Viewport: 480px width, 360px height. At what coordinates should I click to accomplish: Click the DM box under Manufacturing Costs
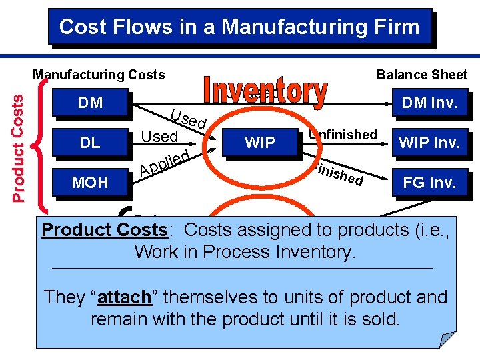point(90,103)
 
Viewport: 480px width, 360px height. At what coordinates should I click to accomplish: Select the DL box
point(90,142)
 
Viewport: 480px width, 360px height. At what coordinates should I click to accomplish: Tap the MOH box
point(90,182)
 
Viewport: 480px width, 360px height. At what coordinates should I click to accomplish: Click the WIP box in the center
point(260,142)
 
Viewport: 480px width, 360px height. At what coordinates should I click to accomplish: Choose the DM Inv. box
point(430,103)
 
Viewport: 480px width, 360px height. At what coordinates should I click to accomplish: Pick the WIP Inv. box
point(430,143)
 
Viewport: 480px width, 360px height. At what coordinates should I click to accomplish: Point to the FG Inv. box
point(430,183)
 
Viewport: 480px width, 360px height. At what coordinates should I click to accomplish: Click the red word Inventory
point(265,93)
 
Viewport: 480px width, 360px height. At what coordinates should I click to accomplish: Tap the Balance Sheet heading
point(422,75)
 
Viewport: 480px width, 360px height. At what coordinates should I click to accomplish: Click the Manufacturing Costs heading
point(99,75)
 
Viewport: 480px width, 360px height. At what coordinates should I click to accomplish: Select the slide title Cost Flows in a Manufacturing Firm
point(240,27)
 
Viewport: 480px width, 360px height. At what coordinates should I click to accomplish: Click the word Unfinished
point(343,135)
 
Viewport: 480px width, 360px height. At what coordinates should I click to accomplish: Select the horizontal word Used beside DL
point(159,137)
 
